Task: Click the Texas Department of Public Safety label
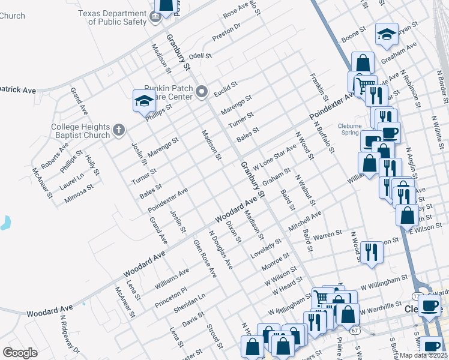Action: (x=117, y=17)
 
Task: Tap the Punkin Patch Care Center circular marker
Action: (x=202, y=92)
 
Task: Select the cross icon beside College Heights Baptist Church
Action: (x=119, y=129)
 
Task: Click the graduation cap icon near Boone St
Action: (x=387, y=35)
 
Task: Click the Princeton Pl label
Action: (x=170, y=296)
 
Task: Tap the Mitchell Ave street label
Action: (x=304, y=220)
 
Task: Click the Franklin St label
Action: (x=319, y=87)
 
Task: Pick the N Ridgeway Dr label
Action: (x=70, y=335)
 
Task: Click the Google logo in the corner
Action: (x=20, y=353)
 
